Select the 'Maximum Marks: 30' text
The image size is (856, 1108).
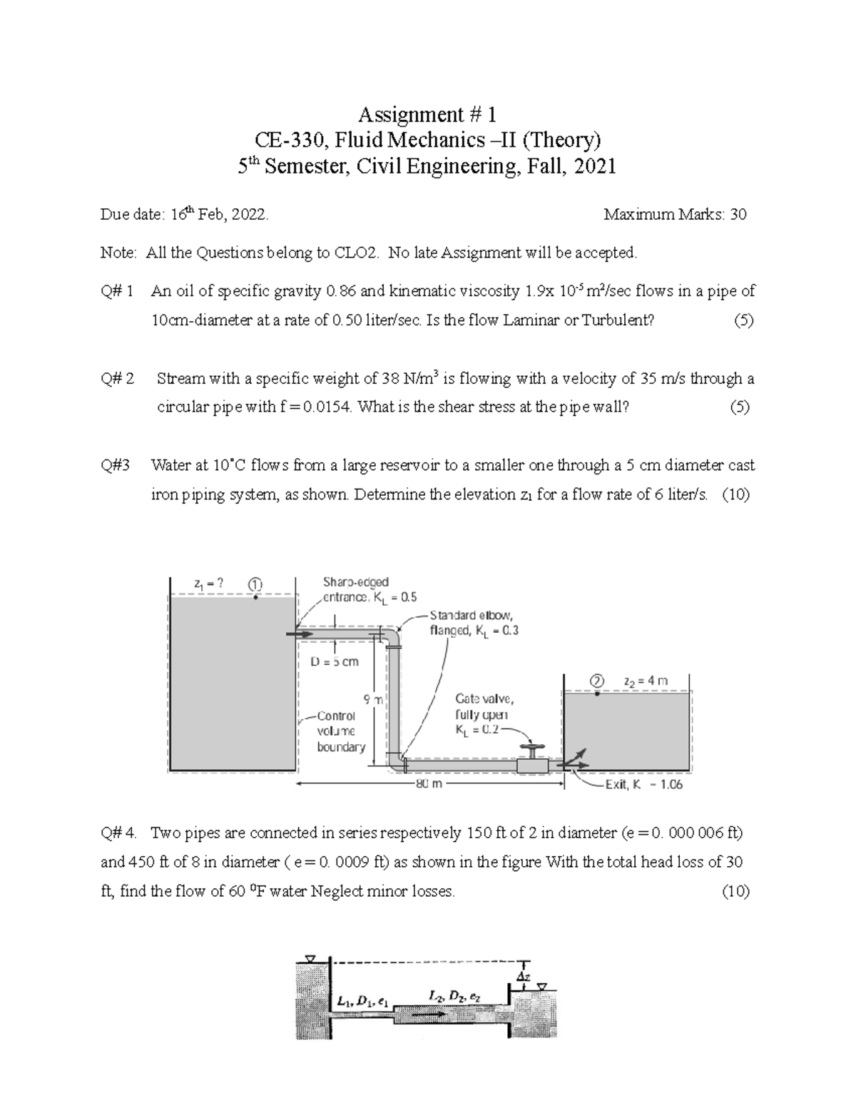675,214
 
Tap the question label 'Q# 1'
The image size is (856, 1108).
117,291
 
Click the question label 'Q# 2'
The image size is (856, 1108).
117,378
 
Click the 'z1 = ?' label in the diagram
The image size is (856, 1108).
209,583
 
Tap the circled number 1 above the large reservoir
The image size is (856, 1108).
255,584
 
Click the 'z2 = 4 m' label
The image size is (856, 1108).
646,681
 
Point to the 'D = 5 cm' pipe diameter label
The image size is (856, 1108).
335,661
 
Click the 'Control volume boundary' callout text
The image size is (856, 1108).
340,731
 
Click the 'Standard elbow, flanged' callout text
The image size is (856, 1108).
474,623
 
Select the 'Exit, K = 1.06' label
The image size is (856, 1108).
643,784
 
